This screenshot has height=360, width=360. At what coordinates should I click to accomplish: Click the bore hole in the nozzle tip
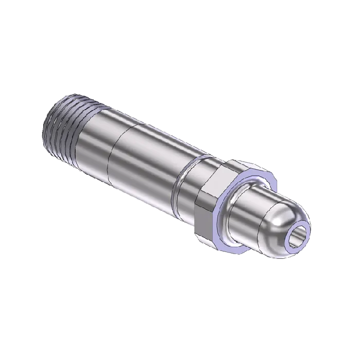[297, 237]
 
